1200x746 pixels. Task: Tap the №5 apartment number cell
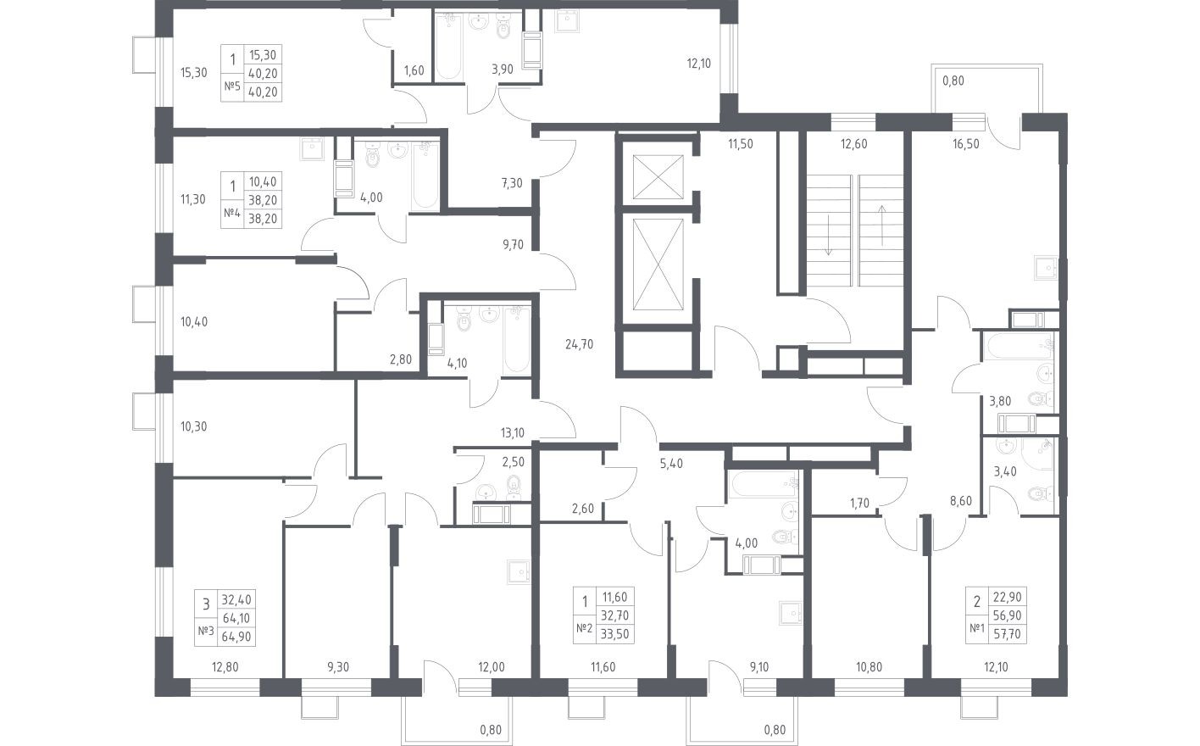point(231,86)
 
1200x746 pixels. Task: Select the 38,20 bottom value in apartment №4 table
point(262,217)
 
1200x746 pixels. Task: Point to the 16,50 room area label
point(966,144)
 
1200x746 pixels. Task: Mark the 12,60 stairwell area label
point(853,144)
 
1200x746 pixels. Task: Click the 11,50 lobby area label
point(740,144)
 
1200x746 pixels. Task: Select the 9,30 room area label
point(336,667)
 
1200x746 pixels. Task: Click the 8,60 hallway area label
point(960,501)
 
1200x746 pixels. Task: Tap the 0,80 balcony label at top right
point(953,81)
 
